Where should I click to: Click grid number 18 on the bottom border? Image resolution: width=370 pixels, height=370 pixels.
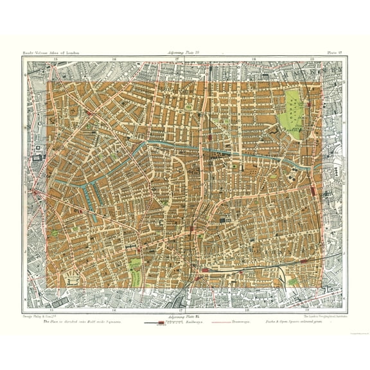[248, 308]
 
